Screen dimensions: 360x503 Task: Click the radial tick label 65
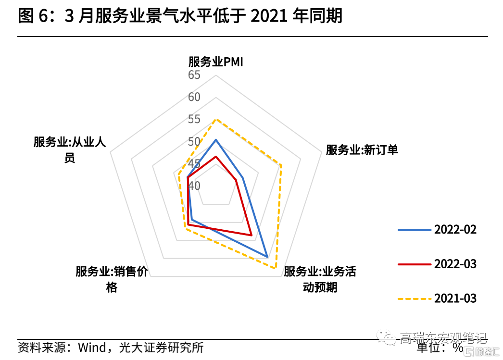click(x=194, y=75)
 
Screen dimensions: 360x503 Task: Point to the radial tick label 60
click(x=194, y=97)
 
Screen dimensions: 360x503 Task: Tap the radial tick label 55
click(x=194, y=119)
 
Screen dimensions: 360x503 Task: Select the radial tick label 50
click(x=194, y=142)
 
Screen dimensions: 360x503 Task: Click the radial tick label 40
click(x=194, y=186)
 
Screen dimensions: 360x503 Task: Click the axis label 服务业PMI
click(x=216, y=62)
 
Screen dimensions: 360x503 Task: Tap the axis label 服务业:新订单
click(x=362, y=149)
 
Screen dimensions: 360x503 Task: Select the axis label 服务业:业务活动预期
click(x=320, y=279)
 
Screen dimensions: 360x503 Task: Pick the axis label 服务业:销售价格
click(x=112, y=279)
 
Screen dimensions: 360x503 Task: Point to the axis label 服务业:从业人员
click(x=70, y=149)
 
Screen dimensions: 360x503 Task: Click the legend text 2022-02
click(x=455, y=229)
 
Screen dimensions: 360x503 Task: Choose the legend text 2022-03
click(x=455, y=264)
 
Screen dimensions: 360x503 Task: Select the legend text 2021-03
click(x=455, y=298)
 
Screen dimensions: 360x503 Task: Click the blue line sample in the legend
click(x=414, y=230)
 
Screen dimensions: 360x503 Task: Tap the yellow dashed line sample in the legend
click(x=414, y=299)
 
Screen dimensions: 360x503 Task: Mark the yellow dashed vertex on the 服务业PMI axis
click(x=216, y=119)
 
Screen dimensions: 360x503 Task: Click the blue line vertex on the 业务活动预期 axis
click(x=267, y=256)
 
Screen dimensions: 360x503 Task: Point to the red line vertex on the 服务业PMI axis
click(x=216, y=156)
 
